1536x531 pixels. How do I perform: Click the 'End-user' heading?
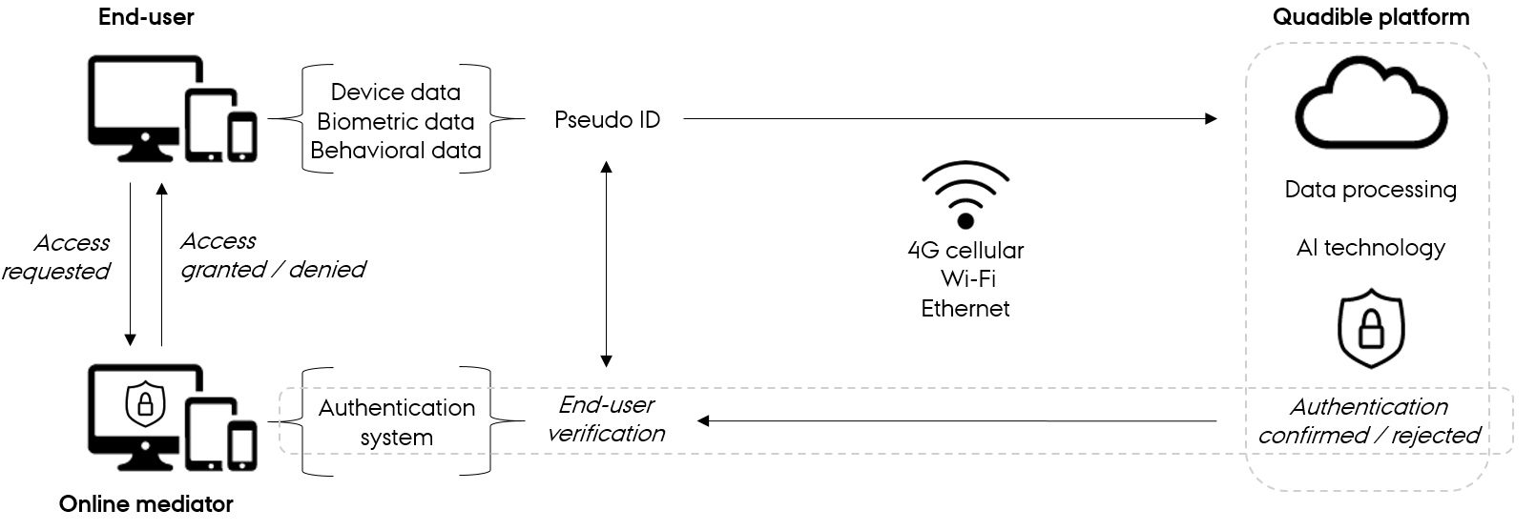click(x=146, y=17)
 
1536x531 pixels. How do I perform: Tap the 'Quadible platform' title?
click(x=1371, y=17)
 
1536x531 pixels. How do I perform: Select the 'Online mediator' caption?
click(x=146, y=503)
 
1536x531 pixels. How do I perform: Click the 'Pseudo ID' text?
click(x=607, y=120)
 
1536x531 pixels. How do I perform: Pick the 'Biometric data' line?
click(x=395, y=121)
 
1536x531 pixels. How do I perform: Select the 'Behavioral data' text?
click(x=395, y=151)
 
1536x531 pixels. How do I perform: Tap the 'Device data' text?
click(x=395, y=92)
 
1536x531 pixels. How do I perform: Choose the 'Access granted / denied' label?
click(x=272, y=255)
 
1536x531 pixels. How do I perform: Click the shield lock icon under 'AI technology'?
click(x=1371, y=328)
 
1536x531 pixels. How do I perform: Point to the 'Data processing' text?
click(x=1370, y=190)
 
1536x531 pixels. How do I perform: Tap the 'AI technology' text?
click(x=1370, y=248)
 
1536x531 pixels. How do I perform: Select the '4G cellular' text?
click(x=965, y=251)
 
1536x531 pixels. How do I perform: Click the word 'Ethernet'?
click(x=965, y=309)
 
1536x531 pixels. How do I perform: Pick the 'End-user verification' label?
click(x=607, y=419)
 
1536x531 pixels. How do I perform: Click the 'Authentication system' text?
click(x=396, y=422)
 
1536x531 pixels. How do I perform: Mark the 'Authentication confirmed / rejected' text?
click(x=1369, y=421)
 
